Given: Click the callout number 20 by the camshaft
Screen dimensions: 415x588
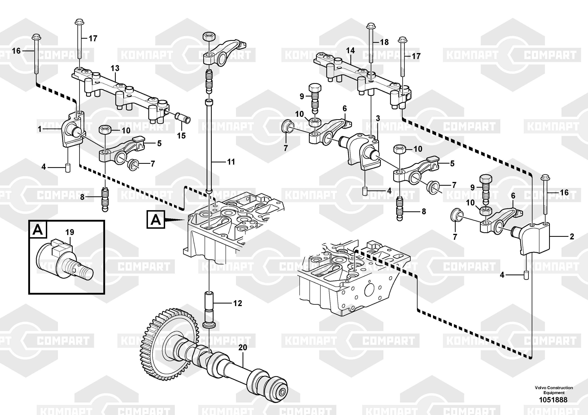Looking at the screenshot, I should pos(243,348).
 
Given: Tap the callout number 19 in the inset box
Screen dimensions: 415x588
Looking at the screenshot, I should pos(70,232).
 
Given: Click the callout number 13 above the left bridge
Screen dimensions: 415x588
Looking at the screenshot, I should pos(115,68).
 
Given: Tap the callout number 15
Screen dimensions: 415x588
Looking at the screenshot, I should pos(181,136).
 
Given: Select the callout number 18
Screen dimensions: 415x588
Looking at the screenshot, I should pos(384,42).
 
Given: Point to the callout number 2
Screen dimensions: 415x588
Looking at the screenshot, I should pos(572,236).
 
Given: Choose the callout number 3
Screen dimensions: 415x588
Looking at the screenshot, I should pos(378,118).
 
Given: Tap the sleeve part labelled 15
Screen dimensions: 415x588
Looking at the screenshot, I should pos(183,118).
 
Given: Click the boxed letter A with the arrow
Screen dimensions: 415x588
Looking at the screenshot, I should pos(155,219).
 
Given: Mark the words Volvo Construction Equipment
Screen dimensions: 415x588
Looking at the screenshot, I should pos(554,390).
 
